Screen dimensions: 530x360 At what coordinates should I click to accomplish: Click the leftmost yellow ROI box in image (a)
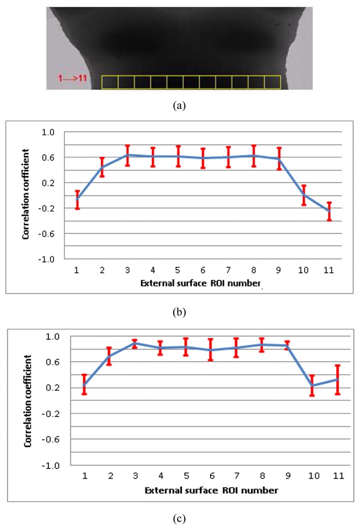coord(109,82)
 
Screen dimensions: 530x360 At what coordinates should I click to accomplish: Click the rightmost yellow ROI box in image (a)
coord(272,82)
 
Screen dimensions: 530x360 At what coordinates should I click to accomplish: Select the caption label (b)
coord(180,310)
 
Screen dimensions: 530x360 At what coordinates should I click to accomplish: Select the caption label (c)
coord(180,518)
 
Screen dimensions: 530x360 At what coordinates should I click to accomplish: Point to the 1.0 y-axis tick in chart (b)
coord(49,132)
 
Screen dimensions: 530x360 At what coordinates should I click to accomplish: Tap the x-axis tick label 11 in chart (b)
coord(329,270)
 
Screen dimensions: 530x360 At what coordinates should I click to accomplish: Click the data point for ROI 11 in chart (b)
coord(329,211)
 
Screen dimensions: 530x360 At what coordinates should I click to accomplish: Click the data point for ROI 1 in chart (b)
coord(77,199)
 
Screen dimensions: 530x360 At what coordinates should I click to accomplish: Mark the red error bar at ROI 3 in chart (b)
coord(127,155)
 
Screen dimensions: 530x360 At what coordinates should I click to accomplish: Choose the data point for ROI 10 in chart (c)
coord(312,386)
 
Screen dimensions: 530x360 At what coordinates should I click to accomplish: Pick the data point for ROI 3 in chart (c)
coord(135,343)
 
